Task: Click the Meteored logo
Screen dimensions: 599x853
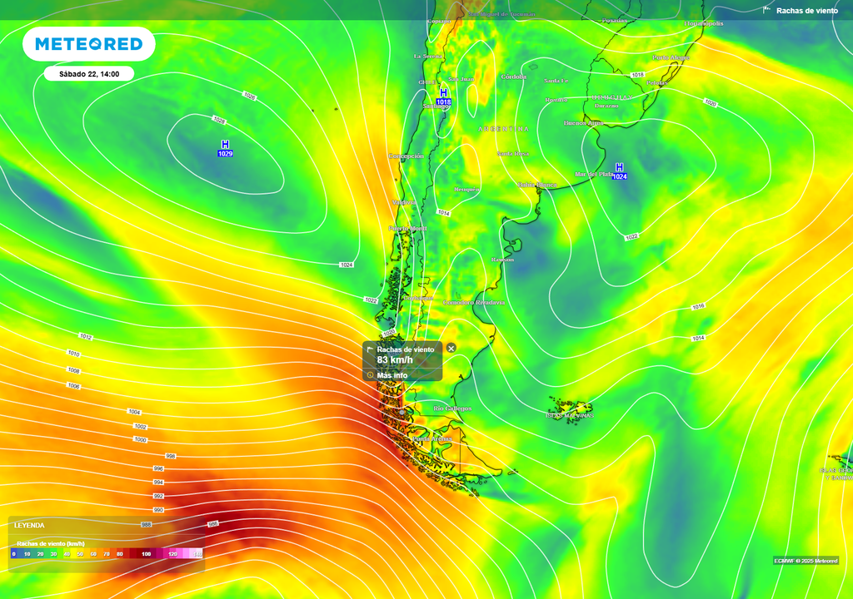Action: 89,44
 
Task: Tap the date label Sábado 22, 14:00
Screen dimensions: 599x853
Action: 89,74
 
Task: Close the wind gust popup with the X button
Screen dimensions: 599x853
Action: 451,348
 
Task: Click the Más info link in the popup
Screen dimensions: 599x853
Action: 392,375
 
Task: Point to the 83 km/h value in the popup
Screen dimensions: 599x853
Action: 395,360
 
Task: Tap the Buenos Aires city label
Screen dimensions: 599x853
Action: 583,123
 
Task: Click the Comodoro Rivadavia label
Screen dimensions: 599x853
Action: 474,302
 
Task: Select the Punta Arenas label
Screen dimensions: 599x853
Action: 432,438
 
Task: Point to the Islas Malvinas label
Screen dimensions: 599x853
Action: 570,414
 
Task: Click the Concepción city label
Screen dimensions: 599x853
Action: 406,156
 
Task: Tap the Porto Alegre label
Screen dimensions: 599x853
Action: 671,57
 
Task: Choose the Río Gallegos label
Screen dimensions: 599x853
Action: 452,408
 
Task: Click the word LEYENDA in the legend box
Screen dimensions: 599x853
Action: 29,525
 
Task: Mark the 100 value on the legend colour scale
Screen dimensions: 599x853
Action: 147,553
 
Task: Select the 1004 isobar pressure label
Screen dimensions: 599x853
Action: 135,412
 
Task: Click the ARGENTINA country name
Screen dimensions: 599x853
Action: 503,129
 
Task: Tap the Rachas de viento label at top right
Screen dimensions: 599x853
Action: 806,11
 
